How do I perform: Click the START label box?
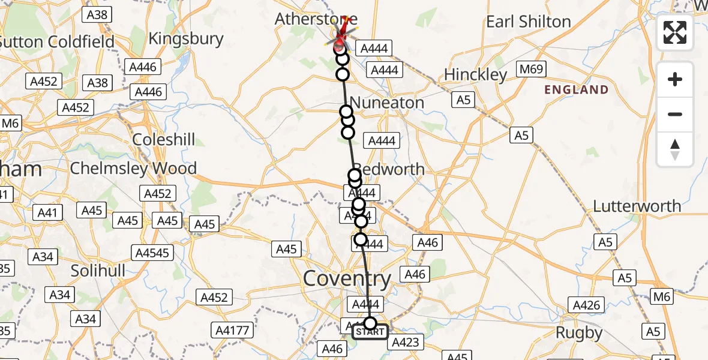point(370,332)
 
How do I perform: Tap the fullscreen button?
point(675,32)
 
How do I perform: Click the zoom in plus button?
point(675,79)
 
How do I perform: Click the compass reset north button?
point(675,149)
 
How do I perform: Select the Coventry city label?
point(347,278)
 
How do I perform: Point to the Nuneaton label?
point(388,103)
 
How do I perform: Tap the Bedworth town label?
point(390,169)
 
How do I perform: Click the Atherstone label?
point(316,19)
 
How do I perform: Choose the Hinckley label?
point(476,74)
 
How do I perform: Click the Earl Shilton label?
point(528,22)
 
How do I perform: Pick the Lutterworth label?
point(637,206)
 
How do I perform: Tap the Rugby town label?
point(579,332)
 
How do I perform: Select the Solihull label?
point(98,271)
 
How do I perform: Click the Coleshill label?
point(163,140)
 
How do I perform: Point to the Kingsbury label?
point(185,39)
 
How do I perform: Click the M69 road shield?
point(531,70)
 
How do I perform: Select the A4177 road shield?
point(231,329)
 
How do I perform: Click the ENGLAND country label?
point(576,90)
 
